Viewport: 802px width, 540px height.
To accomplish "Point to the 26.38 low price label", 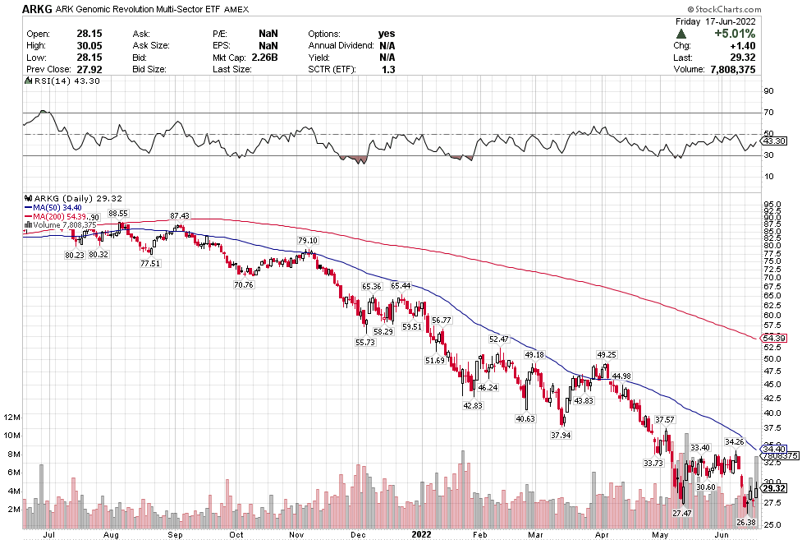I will tap(745, 523).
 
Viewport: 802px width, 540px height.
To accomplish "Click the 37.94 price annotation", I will tap(561, 435).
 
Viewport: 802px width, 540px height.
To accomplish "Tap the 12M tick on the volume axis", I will tap(11, 417).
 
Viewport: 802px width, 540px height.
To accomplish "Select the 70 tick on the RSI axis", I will tap(769, 112).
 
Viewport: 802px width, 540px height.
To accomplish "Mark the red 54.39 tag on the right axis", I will tap(775, 338).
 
